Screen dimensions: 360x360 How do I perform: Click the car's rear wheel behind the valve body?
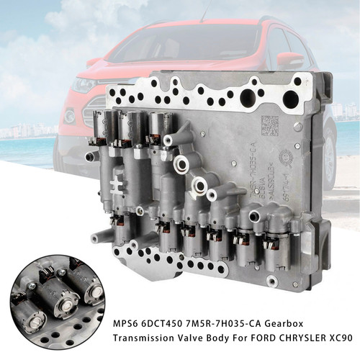[x=328, y=158]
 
